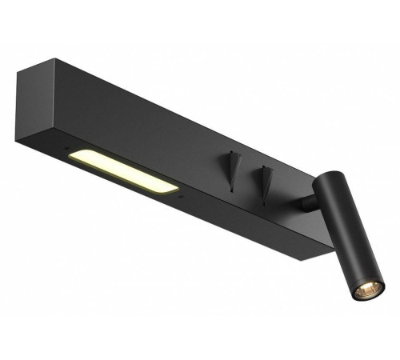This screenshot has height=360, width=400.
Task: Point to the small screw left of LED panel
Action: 64,147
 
